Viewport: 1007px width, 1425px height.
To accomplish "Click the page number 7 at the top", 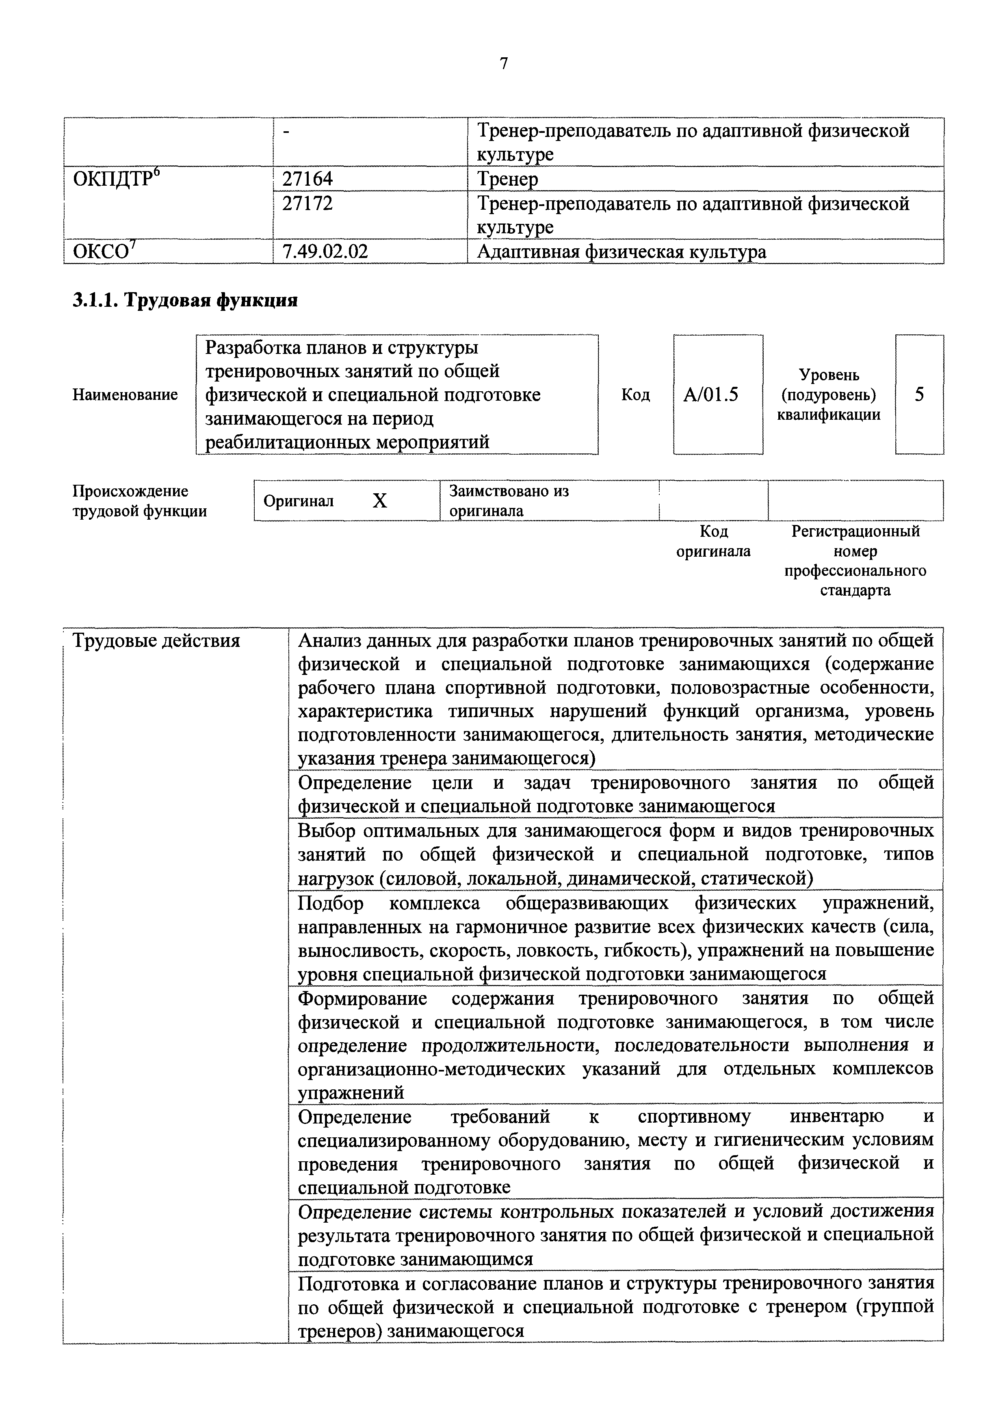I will [x=503, y=63].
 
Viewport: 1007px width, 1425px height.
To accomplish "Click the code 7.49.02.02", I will [x=325, y=252].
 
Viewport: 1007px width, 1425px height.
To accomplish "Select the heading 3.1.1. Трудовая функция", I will [x=185, y=300].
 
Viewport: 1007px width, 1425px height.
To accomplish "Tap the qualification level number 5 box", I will [x=919, y=395].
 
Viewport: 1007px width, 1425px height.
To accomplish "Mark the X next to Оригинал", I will [x=380, y=501].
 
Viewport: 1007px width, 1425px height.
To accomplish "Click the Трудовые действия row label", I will [x=156, y=640].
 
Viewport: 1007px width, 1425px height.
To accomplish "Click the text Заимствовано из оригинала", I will [x=509, y=501].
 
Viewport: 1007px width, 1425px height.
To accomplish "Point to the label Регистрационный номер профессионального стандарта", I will [x=855, y=560].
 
